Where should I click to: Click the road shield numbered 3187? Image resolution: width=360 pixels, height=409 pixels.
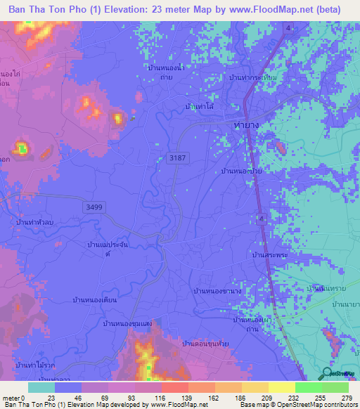178,160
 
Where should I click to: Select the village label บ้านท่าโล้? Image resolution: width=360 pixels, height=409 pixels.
199,106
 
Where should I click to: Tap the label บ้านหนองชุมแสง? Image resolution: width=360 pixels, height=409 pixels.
128,323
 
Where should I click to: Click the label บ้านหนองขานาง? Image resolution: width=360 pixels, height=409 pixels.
217,290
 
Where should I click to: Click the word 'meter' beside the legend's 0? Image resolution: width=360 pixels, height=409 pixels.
11,398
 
